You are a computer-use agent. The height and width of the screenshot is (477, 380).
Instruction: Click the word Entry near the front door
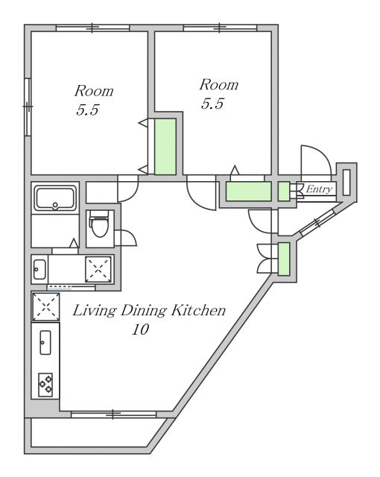click(319, 189)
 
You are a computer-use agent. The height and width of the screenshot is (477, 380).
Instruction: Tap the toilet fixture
click(99, 225)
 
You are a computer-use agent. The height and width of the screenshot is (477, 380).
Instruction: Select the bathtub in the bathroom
click(55, 198)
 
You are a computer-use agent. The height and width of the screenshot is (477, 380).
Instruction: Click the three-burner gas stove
click(45, 385)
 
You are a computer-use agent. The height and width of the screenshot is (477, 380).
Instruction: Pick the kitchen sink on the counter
click(45, 342)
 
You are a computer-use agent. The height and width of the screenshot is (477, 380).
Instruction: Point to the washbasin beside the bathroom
click(39, 269)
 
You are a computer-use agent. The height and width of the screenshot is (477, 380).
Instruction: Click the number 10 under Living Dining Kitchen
click(140, 329)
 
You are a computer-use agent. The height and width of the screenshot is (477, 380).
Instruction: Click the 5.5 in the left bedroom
click(88, 110)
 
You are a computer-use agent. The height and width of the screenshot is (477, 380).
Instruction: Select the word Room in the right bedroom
click(219, 84)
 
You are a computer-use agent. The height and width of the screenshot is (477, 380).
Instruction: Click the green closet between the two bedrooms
click(165, 147)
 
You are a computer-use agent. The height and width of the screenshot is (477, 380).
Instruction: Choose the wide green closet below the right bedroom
click(248, 192)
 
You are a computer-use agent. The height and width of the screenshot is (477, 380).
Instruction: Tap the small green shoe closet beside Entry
click(284, 192)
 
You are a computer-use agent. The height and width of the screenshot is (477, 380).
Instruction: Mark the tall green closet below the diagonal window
click(284, 259)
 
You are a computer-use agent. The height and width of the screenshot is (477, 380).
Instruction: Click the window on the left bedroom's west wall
click(28, 107)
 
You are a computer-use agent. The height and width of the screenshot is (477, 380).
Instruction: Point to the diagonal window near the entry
click(317, 223)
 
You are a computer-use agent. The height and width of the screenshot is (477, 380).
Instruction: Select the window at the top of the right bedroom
click(220, 28)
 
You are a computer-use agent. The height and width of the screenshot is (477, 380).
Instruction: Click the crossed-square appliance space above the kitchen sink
click(46, 306)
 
